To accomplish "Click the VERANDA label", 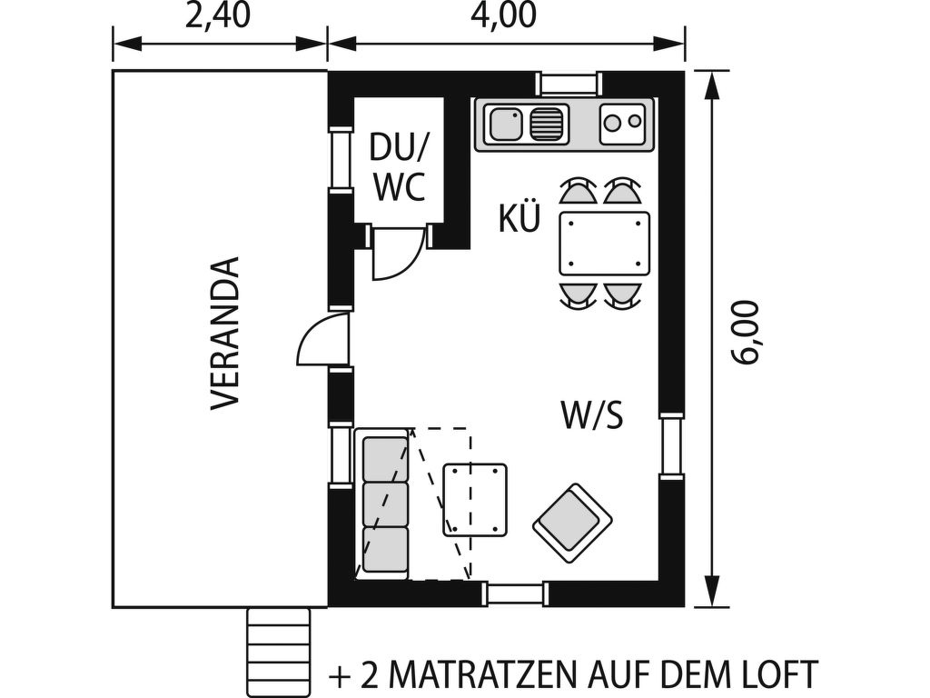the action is tap(226, 333).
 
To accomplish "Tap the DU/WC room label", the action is tap(399, 167).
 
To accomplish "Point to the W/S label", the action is tap(592, 414).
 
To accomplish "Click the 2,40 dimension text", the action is tap(218, 16).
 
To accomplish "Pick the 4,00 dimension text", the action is tap(503, 16).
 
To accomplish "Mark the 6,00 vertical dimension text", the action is tap(745, 333).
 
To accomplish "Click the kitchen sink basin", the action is tap(506, 125).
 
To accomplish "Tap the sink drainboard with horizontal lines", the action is tap(546, 125).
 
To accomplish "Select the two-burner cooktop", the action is tap(621, 124).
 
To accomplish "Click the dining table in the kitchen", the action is tap(604, 244).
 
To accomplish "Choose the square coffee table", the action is tap(475, 500).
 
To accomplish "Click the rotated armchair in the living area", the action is tap(572, 523).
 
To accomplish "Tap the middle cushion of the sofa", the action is tap(385, 504).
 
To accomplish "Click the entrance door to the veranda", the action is tap(322, 340).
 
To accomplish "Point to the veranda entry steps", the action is tap(279, 653).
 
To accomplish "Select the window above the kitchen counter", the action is tap(569, 84).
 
